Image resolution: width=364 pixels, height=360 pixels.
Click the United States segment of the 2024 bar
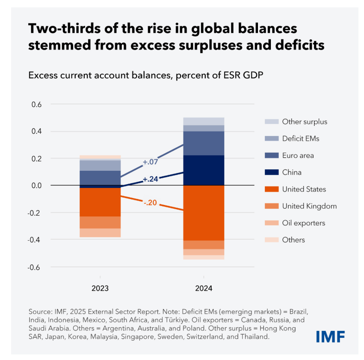pyautogui.click(x=204, y=213)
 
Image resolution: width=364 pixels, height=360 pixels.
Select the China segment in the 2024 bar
pyautogui.click(x=204, y=170)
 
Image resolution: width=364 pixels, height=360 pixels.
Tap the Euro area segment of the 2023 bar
pyautogui.click(x=100, y=178)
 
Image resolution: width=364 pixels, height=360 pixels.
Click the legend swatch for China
pyautogui.click(x=271, y=173)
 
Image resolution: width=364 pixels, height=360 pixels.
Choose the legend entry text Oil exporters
pyautogui.click(x=304, y=223)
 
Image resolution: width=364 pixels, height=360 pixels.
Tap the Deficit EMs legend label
pyautogui.click(x=301, y=138)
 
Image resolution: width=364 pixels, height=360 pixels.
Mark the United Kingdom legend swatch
pyautogui.click(x=271, y=206)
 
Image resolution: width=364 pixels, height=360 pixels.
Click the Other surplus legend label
pyautogui.click(x=305, y=122)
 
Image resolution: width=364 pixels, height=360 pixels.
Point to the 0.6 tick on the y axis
pyautogui.click(x=37, y=105)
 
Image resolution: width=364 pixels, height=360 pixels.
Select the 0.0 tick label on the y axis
pyautogui.click(x=37, y=186)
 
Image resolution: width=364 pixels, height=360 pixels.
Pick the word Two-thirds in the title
pyautogui.click(x=65, y=29)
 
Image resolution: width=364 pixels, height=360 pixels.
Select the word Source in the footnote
pyautogui.click(x=41, y=311)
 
